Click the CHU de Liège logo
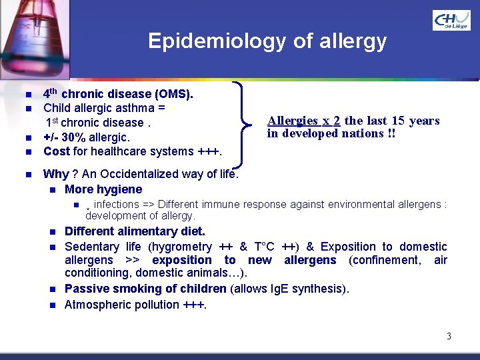pyautogui.click(x=451, y=20)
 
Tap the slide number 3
pyautogui.click(x=449, y=336)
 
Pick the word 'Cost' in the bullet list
pyautogui.click(x=57, y=151)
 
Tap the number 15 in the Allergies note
pyautogui.click(x=398, y=121)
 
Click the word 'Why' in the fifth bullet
pyautogui.click(x=55, y=174)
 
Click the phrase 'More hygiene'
pyautogui.click(x=103, y=189)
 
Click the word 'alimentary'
pyautogui.click(x=145, y=232)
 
